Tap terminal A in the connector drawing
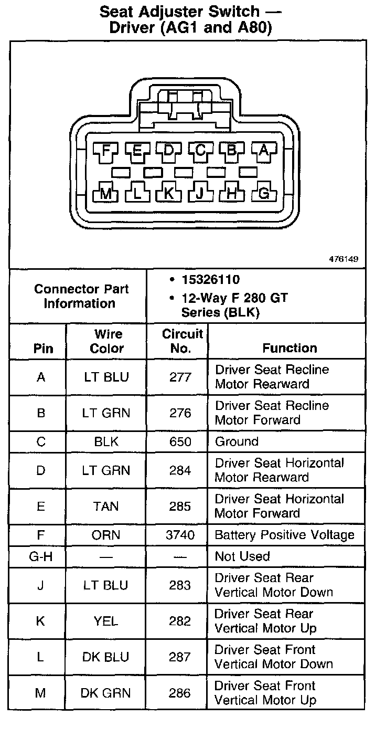coord(264,151)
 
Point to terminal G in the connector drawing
coord(264,194)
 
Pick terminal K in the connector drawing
coord(168,194)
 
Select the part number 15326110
coord(211,280)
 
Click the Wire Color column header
coord(106,341)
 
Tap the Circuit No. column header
coord(181,341)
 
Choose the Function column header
coord(290,348)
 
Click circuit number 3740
coord(180,535)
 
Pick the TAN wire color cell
coord(106,507)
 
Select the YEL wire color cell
coord(106,621)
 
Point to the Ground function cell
coord(237,441)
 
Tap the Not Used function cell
coord(242,556)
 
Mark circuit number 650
coord(180,441)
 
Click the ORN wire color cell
coord(106,535)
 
